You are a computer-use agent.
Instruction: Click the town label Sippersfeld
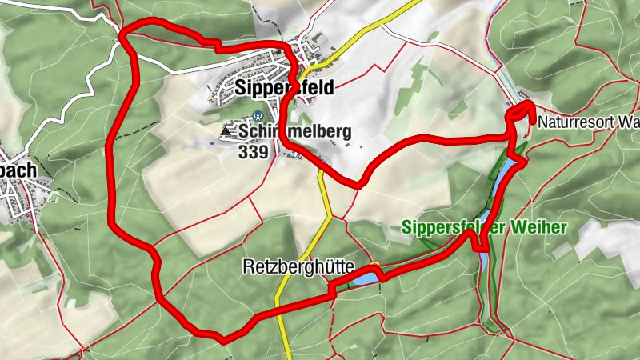[284, 87]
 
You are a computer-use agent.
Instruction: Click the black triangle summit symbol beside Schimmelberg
[225, 130]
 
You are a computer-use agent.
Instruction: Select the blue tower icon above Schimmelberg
[255, 116]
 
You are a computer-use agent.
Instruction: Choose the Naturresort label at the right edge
[588, 123]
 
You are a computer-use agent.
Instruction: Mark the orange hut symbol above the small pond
[373, 266]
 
